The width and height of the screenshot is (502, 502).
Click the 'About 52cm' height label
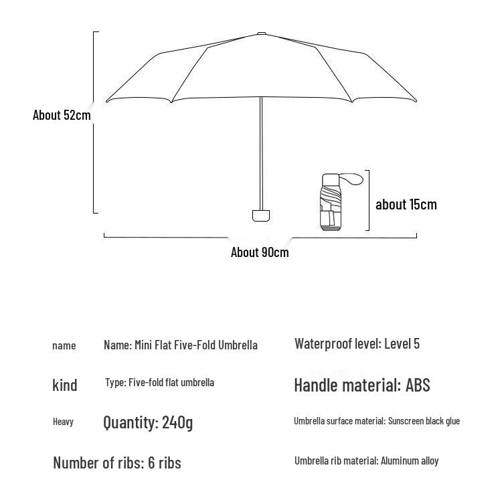[62, 115]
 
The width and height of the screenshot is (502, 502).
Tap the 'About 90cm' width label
[260, 252]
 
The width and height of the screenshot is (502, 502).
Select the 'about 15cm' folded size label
[406, 204]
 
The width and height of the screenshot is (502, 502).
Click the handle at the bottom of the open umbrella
[261, 215]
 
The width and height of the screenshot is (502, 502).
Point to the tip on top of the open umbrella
[261, 33]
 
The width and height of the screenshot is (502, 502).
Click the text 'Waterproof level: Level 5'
[357, 344]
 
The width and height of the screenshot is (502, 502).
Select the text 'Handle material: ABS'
[361, 385]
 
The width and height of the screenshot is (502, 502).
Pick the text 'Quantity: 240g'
[148, 422]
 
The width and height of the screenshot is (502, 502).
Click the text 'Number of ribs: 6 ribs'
[117, 463]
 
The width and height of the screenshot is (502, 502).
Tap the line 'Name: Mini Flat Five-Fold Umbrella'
[180, 345]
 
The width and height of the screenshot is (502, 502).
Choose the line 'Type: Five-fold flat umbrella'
[159, 383]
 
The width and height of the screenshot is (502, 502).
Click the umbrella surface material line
[376, 421]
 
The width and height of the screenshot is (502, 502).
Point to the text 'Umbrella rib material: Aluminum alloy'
[366, 461]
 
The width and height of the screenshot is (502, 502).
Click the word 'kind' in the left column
[65, 385]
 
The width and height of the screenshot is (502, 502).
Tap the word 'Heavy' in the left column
[63, 422]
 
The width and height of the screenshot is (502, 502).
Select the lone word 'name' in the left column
[64, 345]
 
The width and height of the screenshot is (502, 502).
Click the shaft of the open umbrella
[261, 154]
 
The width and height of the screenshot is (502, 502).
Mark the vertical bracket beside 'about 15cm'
[368, 200]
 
